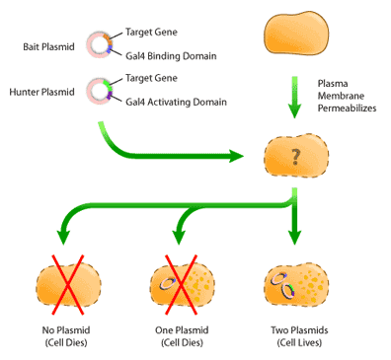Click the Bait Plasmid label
[x=43, y=45]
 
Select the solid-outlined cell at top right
[x=294, y=36]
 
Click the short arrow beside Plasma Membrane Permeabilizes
[x=294, y=95]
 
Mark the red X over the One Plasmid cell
[x=178, y=286]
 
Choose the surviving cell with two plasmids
[x=294, y=286]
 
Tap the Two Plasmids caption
[x=294, y=329]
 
